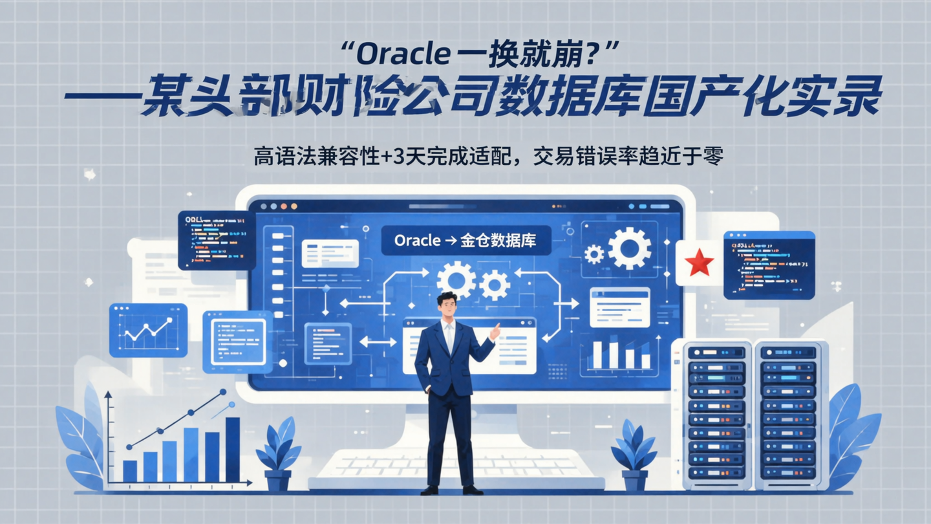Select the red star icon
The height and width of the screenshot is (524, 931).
[699, 263]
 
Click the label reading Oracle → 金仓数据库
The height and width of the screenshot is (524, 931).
[465, 241]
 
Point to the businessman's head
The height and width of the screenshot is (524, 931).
[447, 305]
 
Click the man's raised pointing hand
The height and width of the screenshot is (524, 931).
[495, 332]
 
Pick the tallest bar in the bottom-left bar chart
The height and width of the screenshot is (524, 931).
[232, 449]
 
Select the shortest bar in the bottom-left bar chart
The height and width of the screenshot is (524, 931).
[130, 471]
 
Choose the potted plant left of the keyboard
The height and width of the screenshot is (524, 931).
[278, 453]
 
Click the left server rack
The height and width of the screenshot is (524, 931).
[716, 414]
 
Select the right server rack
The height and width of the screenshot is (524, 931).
[789, 414]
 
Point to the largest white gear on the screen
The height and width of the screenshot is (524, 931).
[628, 248]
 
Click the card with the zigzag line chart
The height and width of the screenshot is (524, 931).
[148, 330]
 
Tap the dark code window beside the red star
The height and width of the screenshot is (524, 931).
[769, 265]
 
